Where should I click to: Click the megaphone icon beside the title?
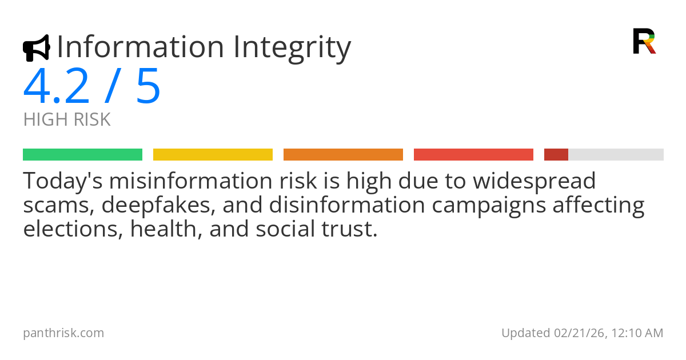coord(36,48)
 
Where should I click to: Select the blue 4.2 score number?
coord(57,87)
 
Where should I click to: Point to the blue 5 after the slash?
coord(148,87)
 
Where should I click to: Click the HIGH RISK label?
coord(67,120)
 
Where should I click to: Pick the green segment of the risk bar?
coord(82,155)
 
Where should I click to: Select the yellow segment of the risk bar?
coord(213,155)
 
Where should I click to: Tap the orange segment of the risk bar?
coord(343,155)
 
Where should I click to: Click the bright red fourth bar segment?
coord(473,155)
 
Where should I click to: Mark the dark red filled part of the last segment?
coord(556,155)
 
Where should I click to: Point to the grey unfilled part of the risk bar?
coord(616,155)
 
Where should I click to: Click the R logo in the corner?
coord(644,41)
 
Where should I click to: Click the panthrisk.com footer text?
coord(63,333)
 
